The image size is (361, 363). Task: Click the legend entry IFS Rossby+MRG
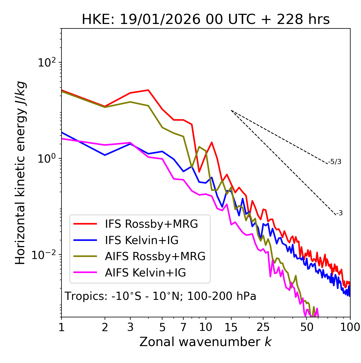click(151, 224)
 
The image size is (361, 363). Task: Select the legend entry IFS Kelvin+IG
click(142, 240)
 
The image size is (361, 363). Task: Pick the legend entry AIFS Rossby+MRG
click(155, 256)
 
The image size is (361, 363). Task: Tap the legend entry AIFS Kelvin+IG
click(145, 273)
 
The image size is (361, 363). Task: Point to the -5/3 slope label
click(335, 162)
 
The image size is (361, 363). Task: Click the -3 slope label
click(340, 213)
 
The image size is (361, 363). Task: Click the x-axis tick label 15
click(231, 327)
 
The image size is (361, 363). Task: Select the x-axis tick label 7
click(183, 327)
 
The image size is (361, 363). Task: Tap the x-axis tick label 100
click(350, 327)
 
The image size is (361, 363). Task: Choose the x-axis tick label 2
click(105, 327)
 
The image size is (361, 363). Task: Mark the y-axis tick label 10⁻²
click(45, 255)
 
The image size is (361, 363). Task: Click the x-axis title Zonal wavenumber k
click(205, 342)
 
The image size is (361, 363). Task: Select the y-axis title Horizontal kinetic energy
click(20, 173)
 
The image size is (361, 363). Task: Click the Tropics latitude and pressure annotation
click(160, 296)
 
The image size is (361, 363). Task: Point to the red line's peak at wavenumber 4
click(148, 90)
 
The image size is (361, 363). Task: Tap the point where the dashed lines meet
click(231, 110)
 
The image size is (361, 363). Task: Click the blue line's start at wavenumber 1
click(61, 132)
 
